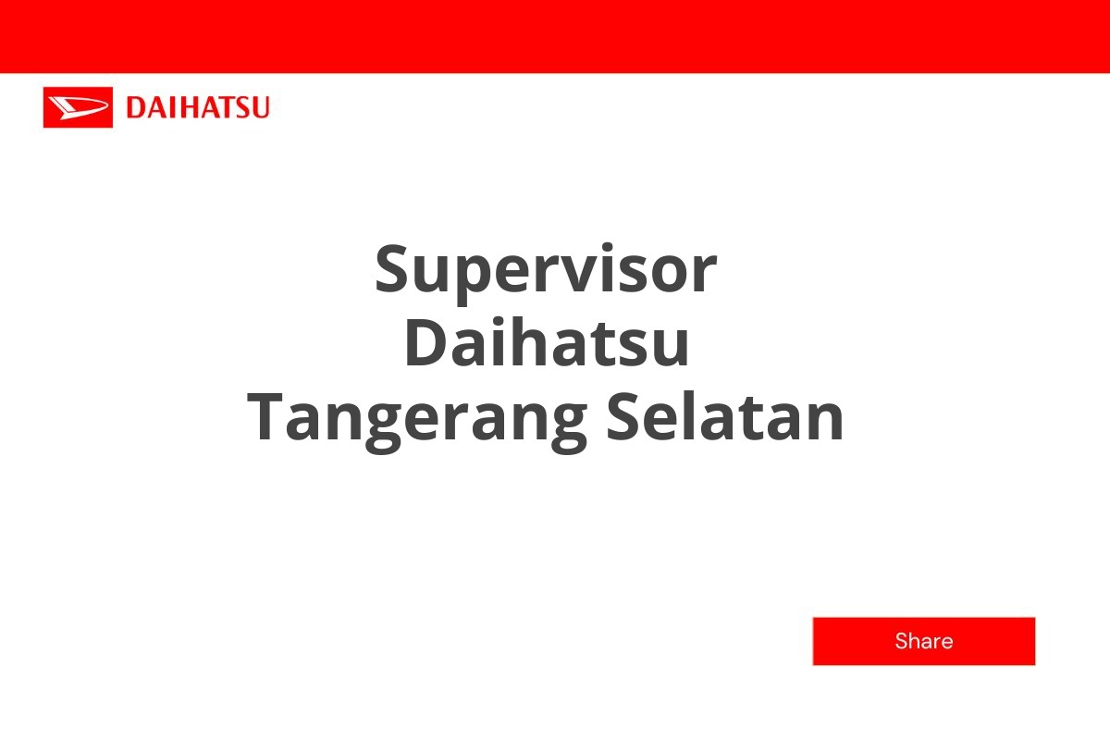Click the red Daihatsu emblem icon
coord(78,107)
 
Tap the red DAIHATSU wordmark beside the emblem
coord(198,107)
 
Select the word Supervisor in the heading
coord(546,269)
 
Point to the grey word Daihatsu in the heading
coord(547,343)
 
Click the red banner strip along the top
coord(555,35)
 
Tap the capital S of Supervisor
coord(394,269)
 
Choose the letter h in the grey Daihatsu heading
coord(533,340)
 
